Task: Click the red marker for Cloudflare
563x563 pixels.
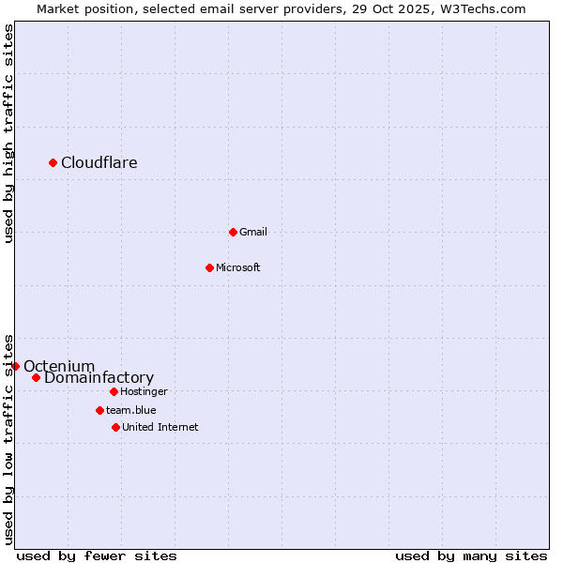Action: tap(53, 163)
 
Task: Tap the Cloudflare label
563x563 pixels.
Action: tap(99, 163)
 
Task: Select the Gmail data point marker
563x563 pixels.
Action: tap(233, 232)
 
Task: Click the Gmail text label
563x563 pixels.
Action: tap(253, 233)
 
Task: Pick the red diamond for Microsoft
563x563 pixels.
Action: tap(209, 267)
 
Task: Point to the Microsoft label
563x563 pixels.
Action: tap(238, 268)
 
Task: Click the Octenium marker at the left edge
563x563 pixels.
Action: tap(16, 366)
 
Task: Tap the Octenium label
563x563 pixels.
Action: tap(59, 366)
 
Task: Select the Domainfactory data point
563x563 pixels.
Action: tap(37, 378)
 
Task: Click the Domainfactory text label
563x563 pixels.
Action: tap(99, 378)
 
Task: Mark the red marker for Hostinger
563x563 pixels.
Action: tap(114, 391)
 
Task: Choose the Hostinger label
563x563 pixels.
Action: tap(145, 392)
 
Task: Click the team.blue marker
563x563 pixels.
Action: tap(99, 410)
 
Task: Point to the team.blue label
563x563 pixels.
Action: tap(131, 410)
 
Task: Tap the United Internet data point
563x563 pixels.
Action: tap(115, 427)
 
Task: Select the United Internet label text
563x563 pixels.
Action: tap(160, 428)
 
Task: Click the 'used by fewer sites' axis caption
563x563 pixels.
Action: tap(97, 555)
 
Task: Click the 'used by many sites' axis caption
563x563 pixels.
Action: tap(471, 555)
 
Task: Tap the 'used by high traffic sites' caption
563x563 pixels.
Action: tap(9, 133)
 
